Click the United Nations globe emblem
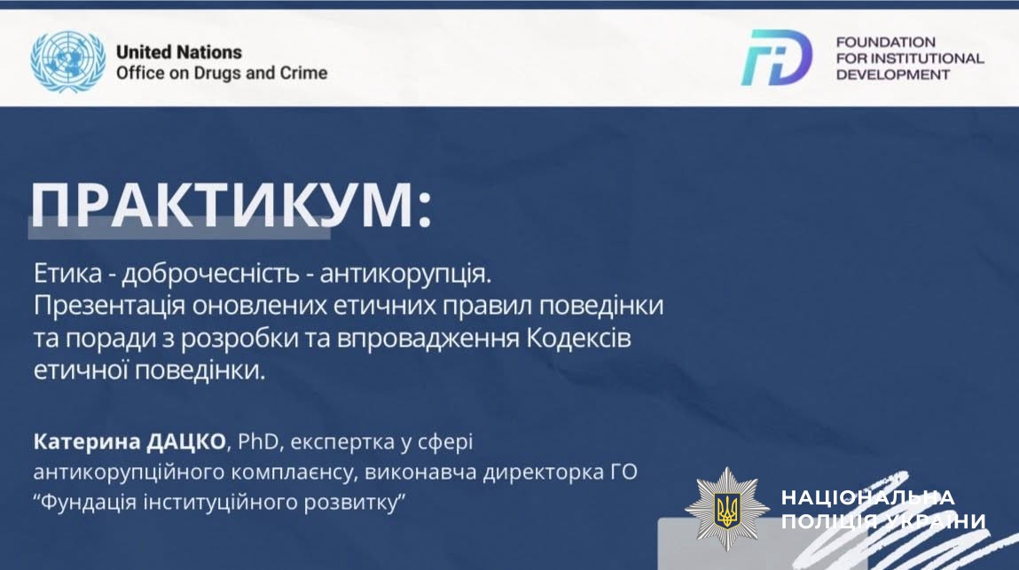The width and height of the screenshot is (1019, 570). (x=68, y=61)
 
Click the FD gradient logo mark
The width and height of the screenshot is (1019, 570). (x=777, y=58)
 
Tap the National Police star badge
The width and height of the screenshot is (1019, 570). (x=726, y=509)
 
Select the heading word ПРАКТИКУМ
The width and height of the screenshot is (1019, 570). (x=221, y=205)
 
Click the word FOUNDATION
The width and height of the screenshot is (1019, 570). (x=885, y=43)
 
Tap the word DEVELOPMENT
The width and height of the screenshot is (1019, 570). (x=893, y=74)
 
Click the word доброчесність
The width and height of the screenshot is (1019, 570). (x=210, y=274)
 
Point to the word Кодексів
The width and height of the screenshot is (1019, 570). (x=579, y=339)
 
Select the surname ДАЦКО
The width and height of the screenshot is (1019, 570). (x=186, y=442)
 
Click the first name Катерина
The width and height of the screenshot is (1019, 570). (x=87, y=442)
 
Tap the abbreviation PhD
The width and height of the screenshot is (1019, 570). (x=258, y=442)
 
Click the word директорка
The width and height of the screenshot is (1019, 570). (x=543, y=472)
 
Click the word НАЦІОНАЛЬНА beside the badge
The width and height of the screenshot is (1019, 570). (x=867, y=498)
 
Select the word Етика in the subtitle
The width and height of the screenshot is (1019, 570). (x=67, y=274)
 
